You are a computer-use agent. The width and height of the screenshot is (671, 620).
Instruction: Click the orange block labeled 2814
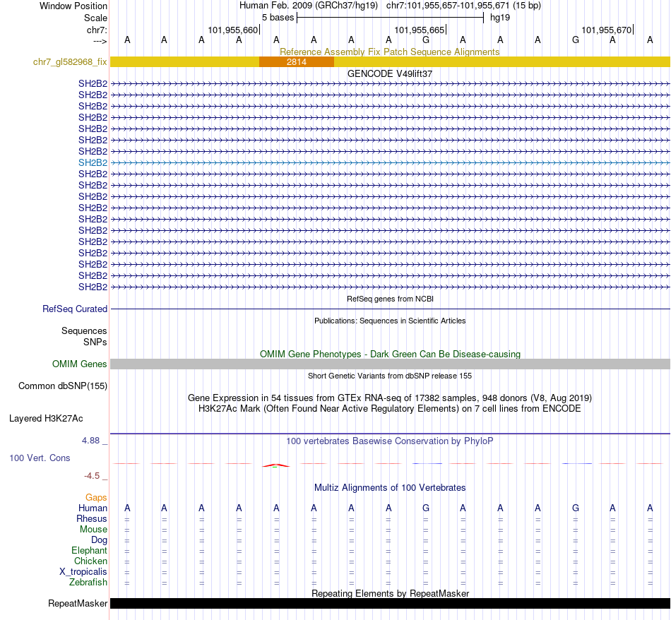coord(296,62)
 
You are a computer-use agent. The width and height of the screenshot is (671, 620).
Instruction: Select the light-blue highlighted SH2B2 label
coord(93,162)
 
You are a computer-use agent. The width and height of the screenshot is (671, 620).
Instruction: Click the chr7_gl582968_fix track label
coord(70,62)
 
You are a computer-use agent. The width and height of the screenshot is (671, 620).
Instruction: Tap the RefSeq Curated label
coord(75,309)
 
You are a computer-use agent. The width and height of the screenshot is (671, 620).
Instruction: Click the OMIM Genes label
coord(80,364)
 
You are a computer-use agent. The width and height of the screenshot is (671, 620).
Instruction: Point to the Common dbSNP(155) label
coord(62,386)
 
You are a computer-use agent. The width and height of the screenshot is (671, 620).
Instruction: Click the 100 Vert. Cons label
coord(40,458)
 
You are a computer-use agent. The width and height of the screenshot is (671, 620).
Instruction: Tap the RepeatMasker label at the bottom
coord(78,604)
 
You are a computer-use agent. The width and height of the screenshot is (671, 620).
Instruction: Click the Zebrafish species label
coord(88,583)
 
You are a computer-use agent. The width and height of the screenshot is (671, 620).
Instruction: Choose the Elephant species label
coord(89,551)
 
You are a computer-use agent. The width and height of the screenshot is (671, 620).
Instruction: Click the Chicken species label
coord(90,561)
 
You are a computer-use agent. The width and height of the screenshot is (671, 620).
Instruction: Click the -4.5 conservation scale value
coord(93,476)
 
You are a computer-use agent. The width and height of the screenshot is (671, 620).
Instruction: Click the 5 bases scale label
coord(278,18)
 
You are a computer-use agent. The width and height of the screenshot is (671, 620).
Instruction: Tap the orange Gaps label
coord(96,498)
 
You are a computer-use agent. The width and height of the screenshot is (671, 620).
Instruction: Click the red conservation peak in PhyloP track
coord(275,465)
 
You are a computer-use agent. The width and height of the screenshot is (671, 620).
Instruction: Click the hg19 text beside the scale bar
coord(500,18)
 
